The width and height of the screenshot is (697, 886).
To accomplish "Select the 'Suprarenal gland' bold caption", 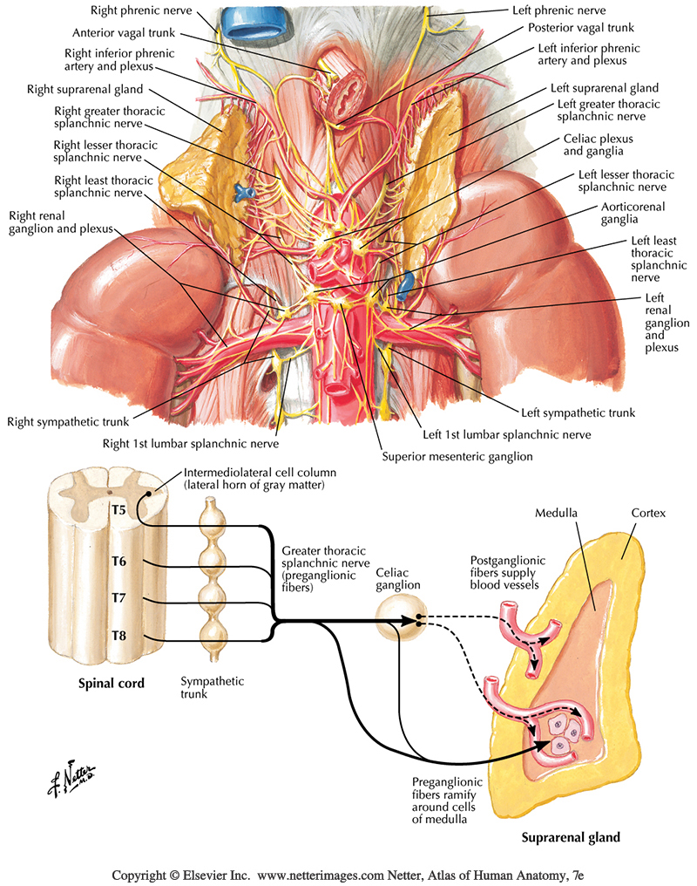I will (571, 838).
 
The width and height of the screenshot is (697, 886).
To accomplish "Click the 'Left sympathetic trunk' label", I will (578, 412).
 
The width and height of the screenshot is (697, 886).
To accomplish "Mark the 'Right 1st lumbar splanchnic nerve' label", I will (191, 443).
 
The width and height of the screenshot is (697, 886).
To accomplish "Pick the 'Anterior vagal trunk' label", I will (125, 33).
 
